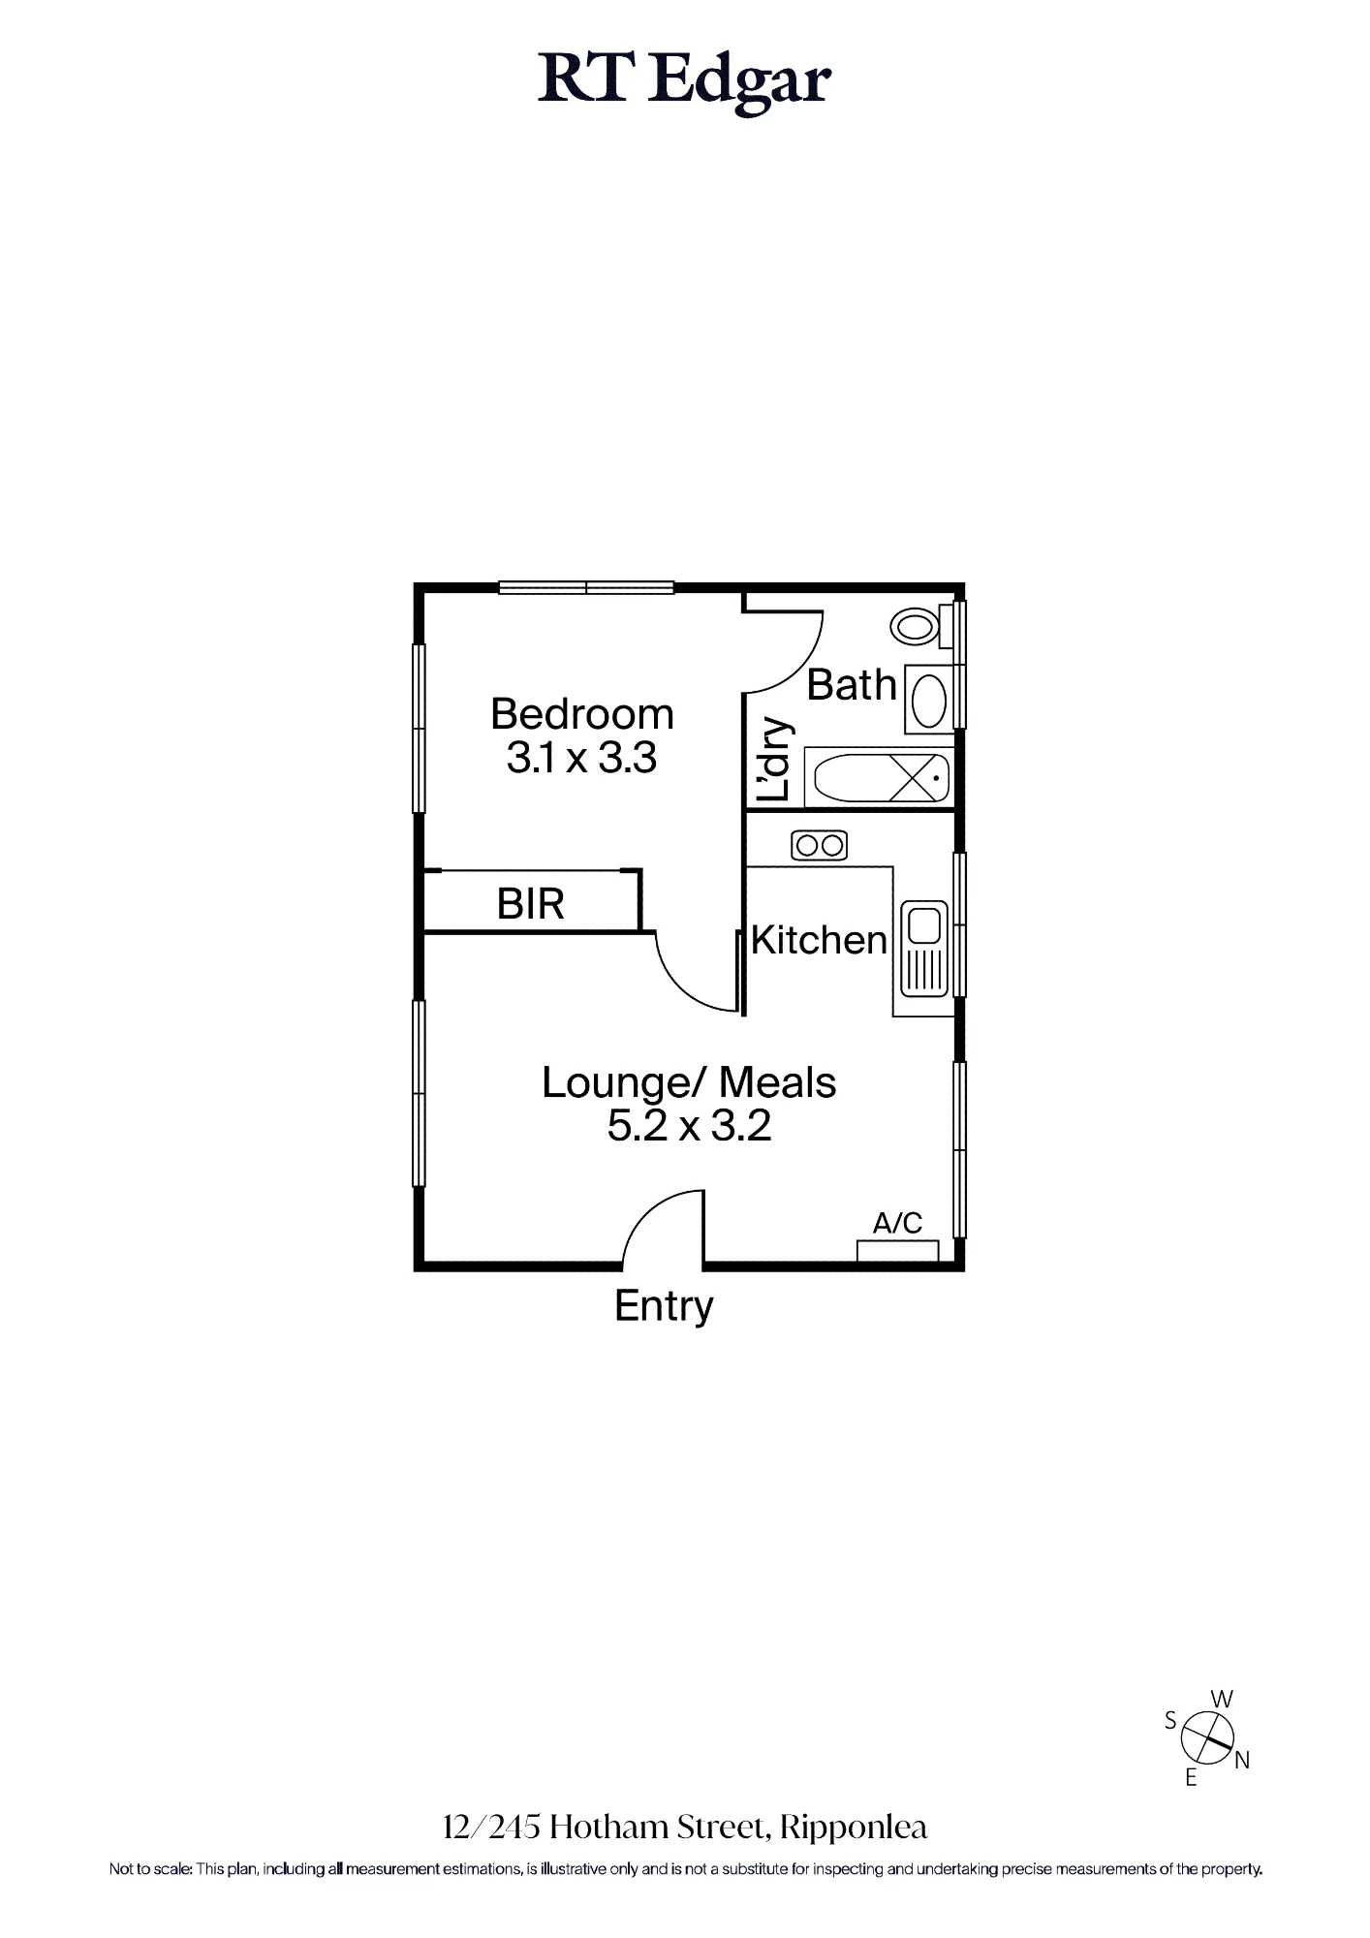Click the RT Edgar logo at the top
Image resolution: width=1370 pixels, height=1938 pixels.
pyautogui.click(x=684, y=82)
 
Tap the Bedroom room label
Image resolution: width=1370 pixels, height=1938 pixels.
pyautogui.click(x=582, y=714)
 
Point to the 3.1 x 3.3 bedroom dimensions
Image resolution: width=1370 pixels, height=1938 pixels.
pyautogui.click(x=581, y=758)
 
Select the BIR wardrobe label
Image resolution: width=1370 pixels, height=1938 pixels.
pyautogui.click(x=530, y=904)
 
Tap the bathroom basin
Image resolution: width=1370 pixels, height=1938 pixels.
pyautogui.click(x=931, y=699)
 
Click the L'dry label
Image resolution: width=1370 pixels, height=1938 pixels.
pyautogui.click(x=775, y=759)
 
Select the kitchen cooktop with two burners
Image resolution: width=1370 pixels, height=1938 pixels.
pyautogui.click(x=820, y=846)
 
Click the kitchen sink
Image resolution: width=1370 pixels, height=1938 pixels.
pyautogui.click(x=925, y=950)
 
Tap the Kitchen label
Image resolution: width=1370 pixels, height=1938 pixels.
pyautogui.click(x=819, y=940)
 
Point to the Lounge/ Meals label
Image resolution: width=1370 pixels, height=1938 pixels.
pyautogui.click(x=689, y=1082)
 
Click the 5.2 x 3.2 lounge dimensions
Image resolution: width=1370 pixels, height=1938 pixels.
pyautogui.click(x=689, y=1126)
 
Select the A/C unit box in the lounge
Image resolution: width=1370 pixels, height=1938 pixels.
pyautogui.click(x=898, y=1251)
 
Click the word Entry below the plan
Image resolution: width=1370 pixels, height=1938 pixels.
pyautogui.click(x=664, y=1306)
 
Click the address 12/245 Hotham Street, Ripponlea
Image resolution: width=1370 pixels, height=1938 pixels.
pyautogui.click(x=685, y=1828)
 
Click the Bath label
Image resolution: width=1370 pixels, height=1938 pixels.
pyautogui.click(x=852, y=685)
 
